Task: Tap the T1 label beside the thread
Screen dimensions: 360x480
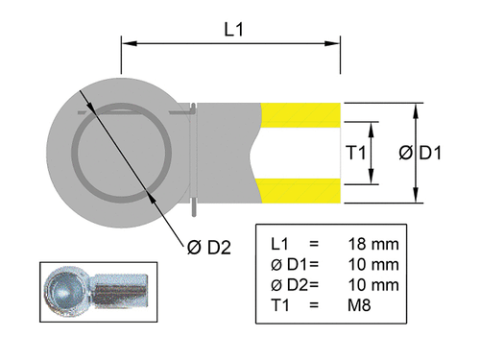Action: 356,154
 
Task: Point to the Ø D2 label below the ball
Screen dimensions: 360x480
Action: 208,249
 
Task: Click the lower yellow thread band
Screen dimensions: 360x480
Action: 301,192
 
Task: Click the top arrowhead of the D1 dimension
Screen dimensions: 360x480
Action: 416,108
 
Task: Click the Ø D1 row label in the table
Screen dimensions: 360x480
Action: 289,265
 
